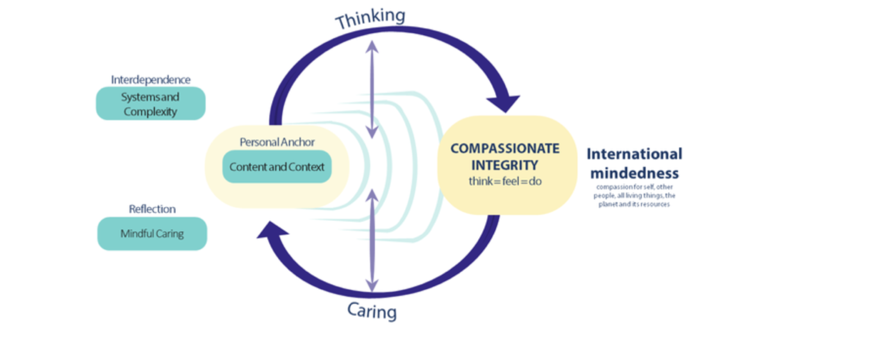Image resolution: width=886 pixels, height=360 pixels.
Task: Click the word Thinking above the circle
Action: tap(370, 18)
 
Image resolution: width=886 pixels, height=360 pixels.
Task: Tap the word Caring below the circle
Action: tap(372, 311)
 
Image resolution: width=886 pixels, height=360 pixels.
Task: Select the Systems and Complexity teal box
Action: tap(150, 103)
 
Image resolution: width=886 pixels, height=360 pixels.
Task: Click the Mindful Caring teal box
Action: tap(152, 234)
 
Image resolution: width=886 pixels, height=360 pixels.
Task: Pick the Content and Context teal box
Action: tap(277, 167)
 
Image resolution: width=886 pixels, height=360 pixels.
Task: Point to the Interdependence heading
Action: tap(150, 80)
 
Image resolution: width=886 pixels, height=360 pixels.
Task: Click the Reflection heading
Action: tap(152, 209)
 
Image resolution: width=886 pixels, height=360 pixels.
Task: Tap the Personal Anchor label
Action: tap(277, 142)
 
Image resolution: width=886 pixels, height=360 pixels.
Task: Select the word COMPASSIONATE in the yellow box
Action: tap(505, 149)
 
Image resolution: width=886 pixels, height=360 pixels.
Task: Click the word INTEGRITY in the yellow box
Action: tap(505, 165)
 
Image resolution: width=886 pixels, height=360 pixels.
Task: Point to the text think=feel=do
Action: tap(505, 181)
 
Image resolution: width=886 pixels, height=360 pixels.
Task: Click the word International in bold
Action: tap(634, 154)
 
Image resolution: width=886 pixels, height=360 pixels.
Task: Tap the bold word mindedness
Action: tap(634, 173)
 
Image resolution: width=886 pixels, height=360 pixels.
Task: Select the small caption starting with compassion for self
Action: tap(634, 196)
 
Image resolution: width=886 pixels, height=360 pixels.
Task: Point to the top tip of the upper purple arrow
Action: tap(372, 40)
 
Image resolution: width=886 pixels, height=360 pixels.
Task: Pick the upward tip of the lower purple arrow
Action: tap(372, 190)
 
